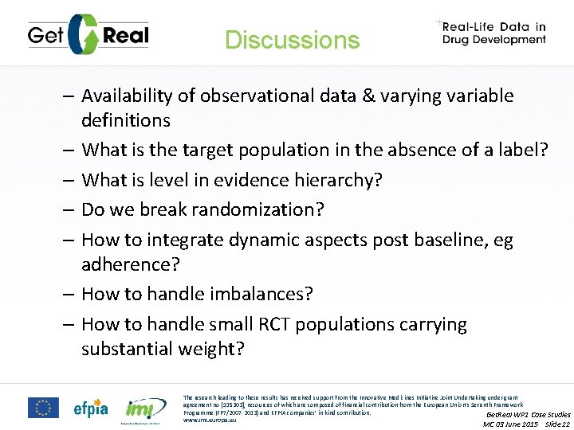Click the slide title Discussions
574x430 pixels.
click(292, 40)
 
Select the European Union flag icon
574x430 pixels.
click(43, 408)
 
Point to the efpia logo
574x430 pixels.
click(92, 408)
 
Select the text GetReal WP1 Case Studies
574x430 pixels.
click(528, 414)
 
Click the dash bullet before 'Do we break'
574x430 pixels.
click(68, 210)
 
